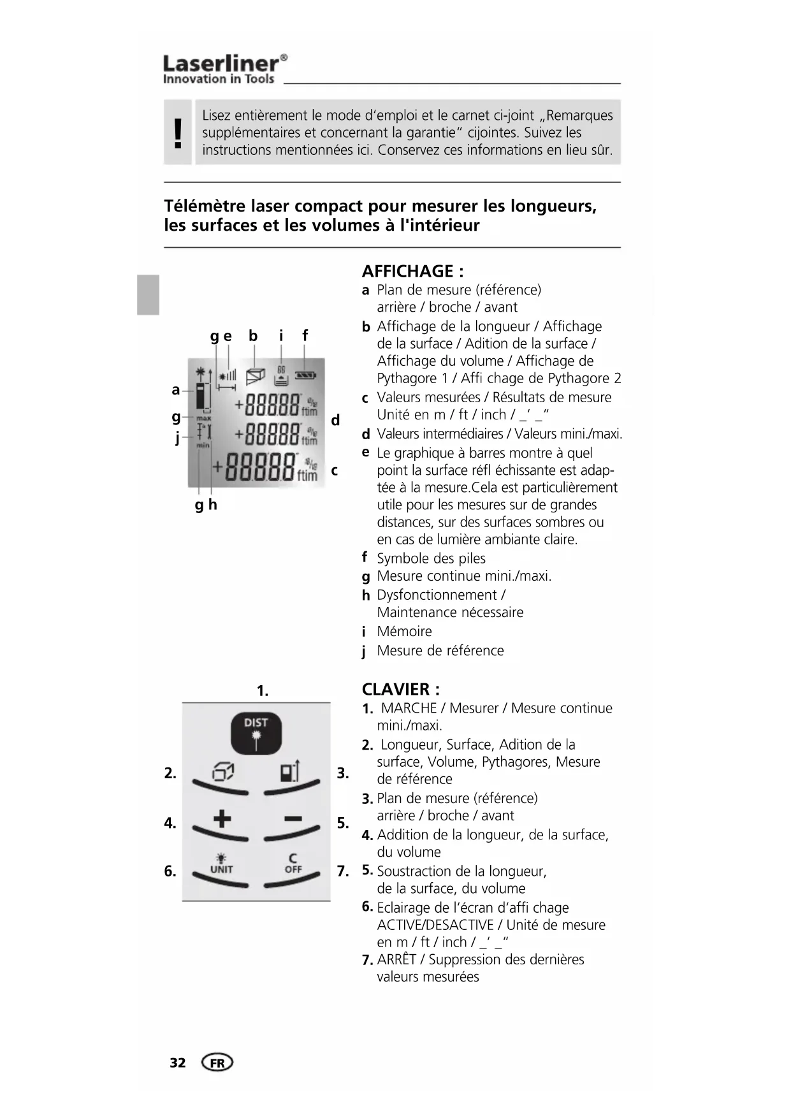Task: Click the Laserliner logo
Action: (224, 69)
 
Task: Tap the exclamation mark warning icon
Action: (178, 133)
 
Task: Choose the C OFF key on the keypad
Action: (293, 864)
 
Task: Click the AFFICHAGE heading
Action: (412, 272)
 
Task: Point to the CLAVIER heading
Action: (400, 690)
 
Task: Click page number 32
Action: (178, 1063)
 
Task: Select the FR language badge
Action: (217, 1063)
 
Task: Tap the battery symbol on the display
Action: (305, 375)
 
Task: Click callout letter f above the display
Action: (305, 335)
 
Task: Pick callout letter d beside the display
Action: (335, 420)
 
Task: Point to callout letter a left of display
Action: (176, 389)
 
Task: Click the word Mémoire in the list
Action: (404, 632)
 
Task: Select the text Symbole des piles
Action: (431, 559)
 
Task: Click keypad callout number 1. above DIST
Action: (262, 691)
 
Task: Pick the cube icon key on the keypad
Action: (222, 773)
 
